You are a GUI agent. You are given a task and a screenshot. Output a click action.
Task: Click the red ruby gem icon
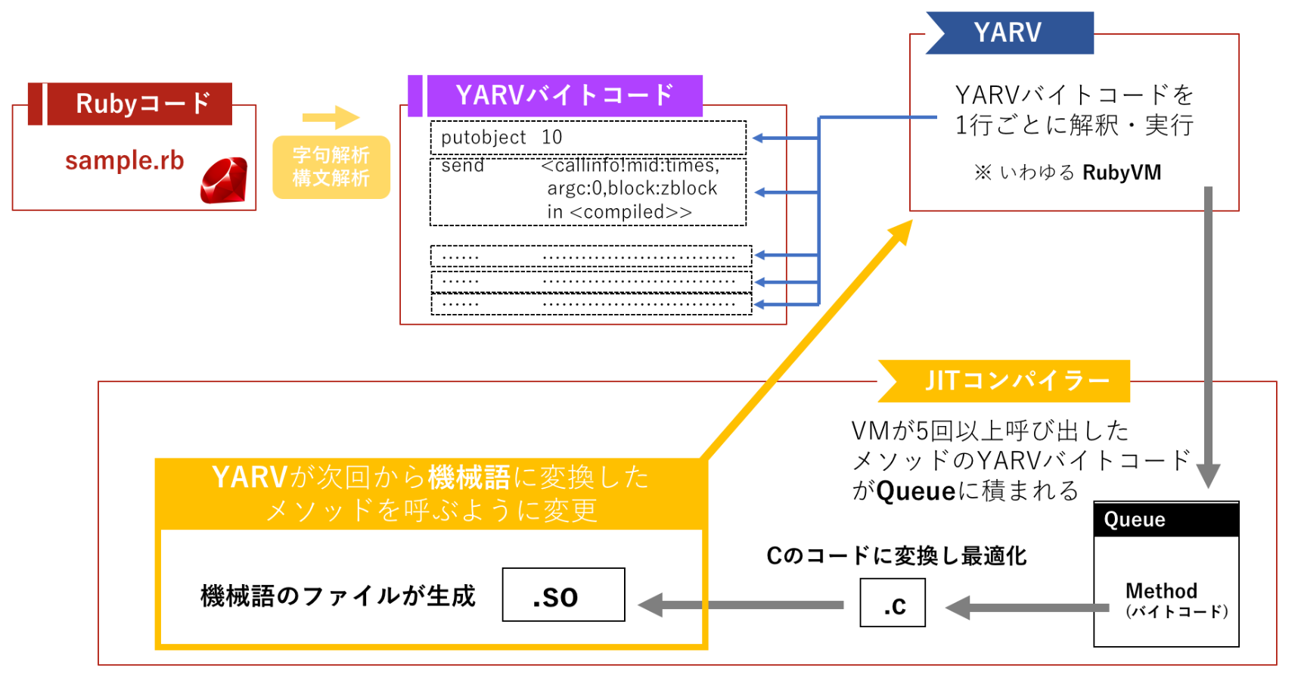point(224,180)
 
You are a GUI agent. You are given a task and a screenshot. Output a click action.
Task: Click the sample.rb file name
point(125,160)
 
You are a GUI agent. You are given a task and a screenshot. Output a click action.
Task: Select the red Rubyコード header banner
point(131,104)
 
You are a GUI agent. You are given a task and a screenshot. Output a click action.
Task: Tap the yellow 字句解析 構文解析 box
point(331,167)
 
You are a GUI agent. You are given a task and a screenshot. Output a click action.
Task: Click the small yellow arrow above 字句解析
point(331,117)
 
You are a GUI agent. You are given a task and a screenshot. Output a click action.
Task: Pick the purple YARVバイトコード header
point(556,95)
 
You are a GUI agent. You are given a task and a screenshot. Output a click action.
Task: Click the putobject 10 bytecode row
point(588,138)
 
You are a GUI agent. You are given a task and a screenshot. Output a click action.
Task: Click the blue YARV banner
point(1009,33)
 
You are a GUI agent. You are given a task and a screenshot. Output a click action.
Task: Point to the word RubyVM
point(1122,173)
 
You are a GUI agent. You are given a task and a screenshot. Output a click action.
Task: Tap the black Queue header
point(1166,520)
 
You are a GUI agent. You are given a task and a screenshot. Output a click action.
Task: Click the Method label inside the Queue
point(1161,591)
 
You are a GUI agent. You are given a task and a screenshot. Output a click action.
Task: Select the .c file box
point(893,603)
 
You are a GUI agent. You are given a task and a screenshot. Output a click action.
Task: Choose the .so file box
point(564,595)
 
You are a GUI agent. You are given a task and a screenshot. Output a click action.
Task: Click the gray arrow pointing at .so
point(741,605)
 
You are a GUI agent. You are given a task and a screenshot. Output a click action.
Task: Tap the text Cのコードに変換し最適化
point(896,556)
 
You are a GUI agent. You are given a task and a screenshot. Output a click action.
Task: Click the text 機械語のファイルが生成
point(337,596)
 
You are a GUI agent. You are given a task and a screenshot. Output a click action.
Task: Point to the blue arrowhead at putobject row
point(759,138)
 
